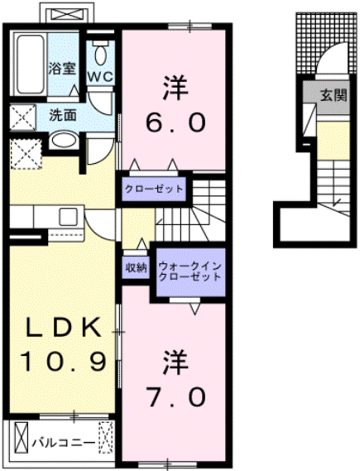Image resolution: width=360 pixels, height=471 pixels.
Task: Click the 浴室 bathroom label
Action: [x=63, y=68]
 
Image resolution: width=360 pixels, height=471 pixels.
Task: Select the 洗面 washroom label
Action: [x=63, y=115]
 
